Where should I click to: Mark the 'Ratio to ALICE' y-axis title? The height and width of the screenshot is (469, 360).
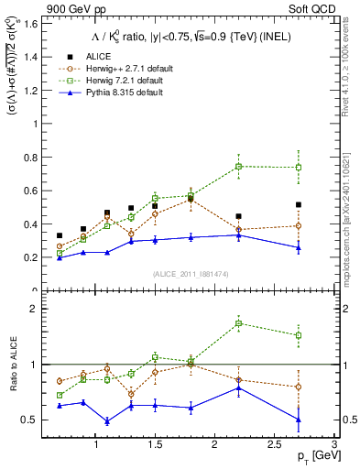click(12, 365)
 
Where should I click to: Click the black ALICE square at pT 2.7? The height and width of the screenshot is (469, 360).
click(298, 204)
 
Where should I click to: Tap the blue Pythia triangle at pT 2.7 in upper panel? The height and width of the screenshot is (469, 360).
click(298, 247)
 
